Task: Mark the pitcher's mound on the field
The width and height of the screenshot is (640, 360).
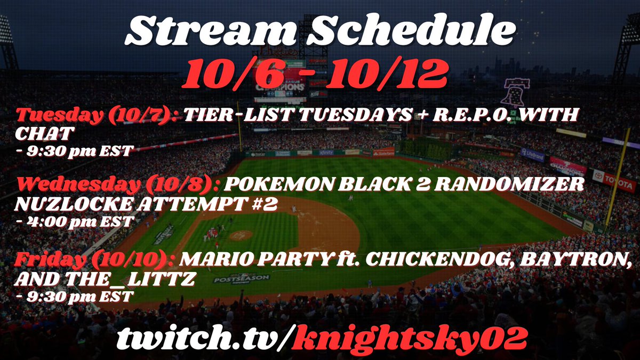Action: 241,235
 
